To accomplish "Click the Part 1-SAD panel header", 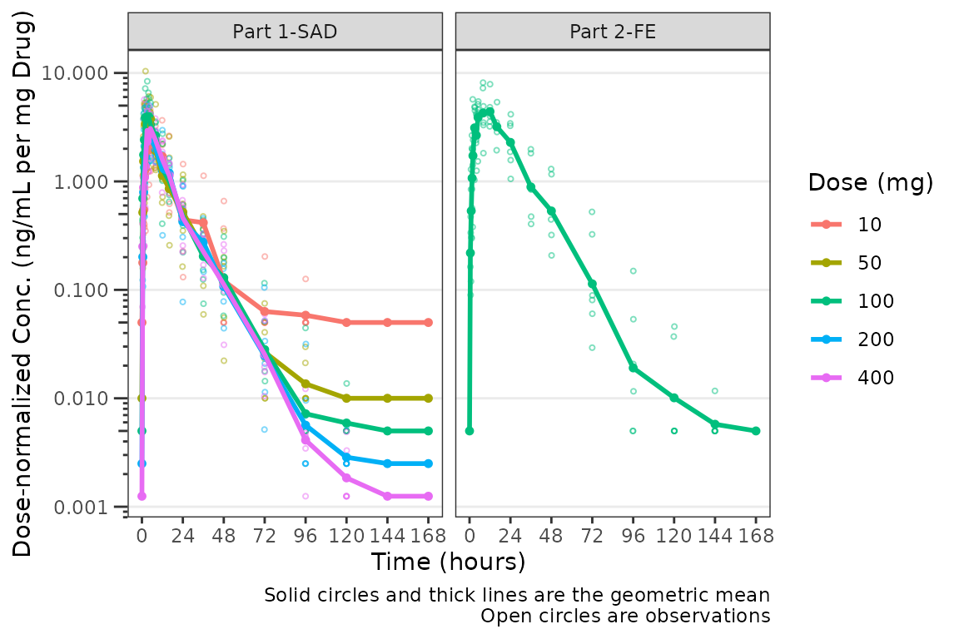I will [285, 32].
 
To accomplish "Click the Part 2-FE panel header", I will [613, 32].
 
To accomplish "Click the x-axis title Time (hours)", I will [449, 562].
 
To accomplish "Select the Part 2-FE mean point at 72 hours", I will [592, 284].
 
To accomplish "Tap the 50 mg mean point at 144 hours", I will [388, 399].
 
